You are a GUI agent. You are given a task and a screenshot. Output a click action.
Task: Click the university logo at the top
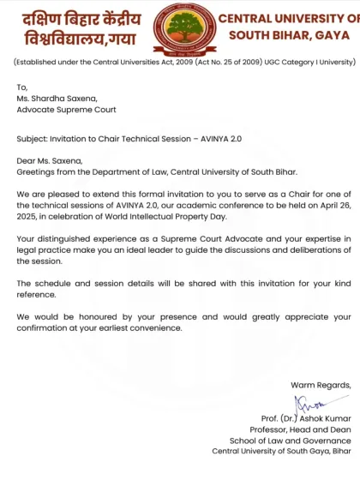[182, 27]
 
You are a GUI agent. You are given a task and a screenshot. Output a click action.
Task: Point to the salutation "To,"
[22, 87]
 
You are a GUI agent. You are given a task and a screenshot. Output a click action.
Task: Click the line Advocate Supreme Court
[67, 109]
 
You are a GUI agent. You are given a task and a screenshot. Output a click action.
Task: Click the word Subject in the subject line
[33, 138]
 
